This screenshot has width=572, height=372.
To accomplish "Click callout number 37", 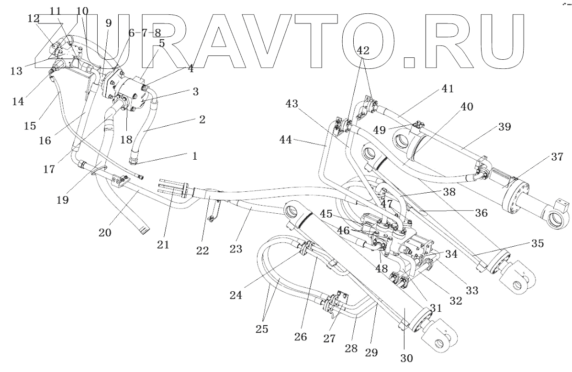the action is tap(558, 157).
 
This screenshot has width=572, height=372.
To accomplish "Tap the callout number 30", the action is tap(407, 358).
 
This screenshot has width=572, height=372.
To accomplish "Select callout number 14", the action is tap(18, 101).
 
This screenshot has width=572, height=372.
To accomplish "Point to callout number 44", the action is tap(286, 139).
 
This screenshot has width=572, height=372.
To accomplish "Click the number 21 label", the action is tap(163, 244).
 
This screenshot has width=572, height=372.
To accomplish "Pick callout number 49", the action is tap(380, 130).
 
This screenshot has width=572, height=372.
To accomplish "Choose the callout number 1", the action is tap(194, 156).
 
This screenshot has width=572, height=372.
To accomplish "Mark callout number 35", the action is tap(538, 243).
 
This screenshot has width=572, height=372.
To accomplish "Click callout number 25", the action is tap(262, 328).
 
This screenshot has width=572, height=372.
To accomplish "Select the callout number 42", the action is tap(363, 50).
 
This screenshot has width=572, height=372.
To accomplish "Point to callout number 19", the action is tap(63, 200).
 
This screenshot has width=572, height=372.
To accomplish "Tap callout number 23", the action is tap(236, 249).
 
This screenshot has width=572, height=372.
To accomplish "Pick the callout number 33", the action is tap(471, 290).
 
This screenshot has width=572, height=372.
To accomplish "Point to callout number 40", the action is tap(466, 107).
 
